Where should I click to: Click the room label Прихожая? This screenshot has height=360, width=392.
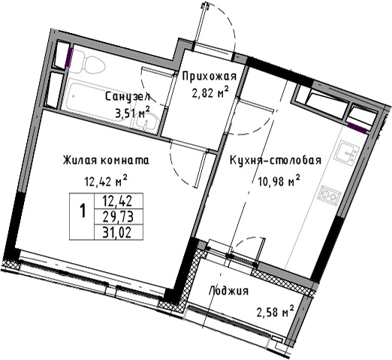click(x=210, y=77)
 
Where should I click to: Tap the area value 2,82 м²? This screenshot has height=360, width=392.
click(x=210, y=93)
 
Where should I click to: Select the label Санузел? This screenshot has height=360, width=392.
click(x=128, y=97)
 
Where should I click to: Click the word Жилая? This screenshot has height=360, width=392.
click(x=80, y=160)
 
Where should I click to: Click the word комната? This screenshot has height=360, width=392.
click(x=125, y=161)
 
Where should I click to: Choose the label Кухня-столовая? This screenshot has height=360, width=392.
click(x=276, y=161)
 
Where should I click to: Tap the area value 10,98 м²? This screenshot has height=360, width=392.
click(x=279, y=181)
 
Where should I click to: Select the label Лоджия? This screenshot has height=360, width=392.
click(x=228, y=291)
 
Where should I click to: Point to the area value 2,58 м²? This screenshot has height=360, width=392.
click(x=275, y=312)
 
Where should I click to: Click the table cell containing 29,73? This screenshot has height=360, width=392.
click(x=118, y=216)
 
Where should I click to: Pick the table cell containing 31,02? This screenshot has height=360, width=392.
click(x=118, y=232)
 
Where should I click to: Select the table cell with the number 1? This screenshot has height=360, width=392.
click(x=82, y=216)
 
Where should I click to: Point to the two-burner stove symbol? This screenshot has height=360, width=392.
click(x=330, y=195)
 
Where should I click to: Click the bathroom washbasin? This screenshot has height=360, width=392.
click(x=146, y=122)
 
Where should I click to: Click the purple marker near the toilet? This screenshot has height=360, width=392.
click(x=69, y=57)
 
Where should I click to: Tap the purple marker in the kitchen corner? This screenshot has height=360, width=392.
click(x=357, y=128)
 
